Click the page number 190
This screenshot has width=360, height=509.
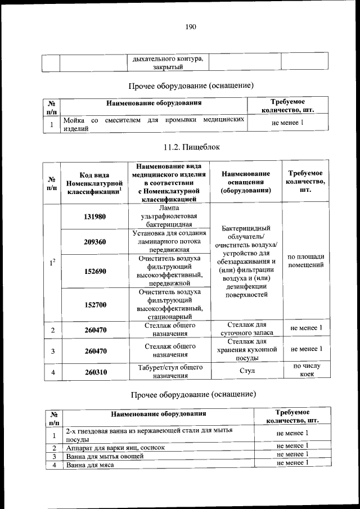[190, 26]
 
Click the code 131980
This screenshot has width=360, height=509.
[94, 217]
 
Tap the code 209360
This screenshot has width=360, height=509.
[94, 242]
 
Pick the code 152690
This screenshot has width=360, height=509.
[94, 271]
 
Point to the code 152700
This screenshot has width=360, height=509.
[94, 304]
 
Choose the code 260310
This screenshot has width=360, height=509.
[94, 372]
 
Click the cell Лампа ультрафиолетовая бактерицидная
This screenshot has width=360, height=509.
[169, 217]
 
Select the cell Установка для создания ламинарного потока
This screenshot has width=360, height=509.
[169, 242]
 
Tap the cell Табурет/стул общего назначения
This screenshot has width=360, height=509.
[169, 372]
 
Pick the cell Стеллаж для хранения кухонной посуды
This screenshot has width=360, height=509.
[245, 349]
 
